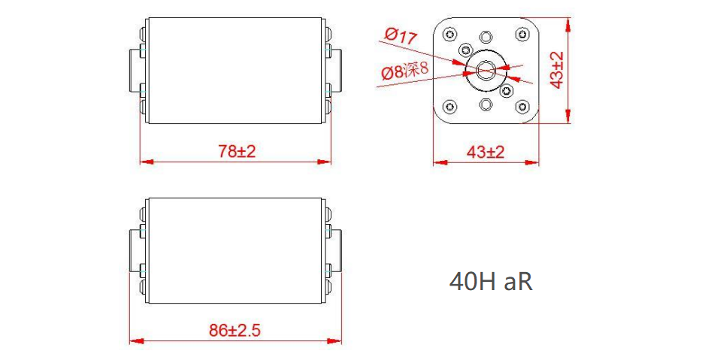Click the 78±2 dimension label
pyautogui.click(x=237, y=151)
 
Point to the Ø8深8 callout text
pyautogui.click(x=404, y=72)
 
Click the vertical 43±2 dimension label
pyautogui.click(x=558, y=71)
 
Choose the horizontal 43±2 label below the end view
pyautogui.click(x=486, y=152)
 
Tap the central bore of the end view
pyautogui.click(x=485, y=70)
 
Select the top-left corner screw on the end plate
pyautogui.click(x=449, y=35)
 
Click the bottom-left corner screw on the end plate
pyautogui.click(x=449, y=105)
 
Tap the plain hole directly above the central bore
pyautogui.click(x=486, y=37)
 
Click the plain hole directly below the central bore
pyautogui.click(x=486, y=104)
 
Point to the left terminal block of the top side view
pyautogui.click(x=136, y=71)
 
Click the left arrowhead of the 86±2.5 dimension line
pyautogui.click(x=134, y=340)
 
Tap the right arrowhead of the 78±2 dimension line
pyautogui.click(x=327, y=161)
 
